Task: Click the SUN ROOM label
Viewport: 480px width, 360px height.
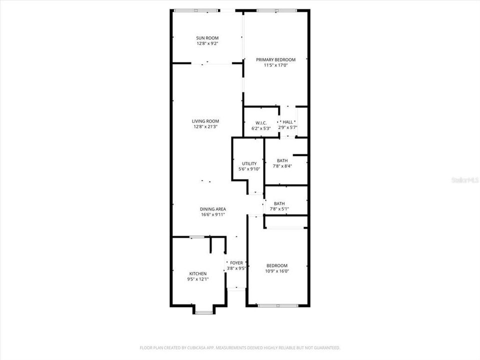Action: (207, 38)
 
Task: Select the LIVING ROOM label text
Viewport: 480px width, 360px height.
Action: (205, 121)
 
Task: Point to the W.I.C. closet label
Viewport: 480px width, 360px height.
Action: (261, 123)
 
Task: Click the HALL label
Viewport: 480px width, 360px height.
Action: (288, 122)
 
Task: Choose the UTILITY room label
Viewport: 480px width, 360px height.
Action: (249, 163)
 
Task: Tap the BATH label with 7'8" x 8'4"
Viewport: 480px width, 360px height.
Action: (282, 160)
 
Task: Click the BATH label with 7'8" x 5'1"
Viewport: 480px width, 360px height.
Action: (279, 203)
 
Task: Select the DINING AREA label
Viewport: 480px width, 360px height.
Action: (213, 209)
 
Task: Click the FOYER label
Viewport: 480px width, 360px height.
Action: (236, 262)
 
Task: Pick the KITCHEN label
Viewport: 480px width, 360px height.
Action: (197, 273)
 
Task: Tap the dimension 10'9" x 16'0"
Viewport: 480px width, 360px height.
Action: (277, 271)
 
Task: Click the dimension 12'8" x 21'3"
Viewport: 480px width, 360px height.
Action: (205, 126)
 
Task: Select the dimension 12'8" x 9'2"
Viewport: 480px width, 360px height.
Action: (207, 43)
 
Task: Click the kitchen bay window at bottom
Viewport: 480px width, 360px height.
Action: (203, 312)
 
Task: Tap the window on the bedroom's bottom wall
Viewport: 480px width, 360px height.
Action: (278, 305)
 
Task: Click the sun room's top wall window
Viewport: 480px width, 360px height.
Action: (195, 10)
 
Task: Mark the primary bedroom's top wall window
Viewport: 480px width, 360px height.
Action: (276, 10)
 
